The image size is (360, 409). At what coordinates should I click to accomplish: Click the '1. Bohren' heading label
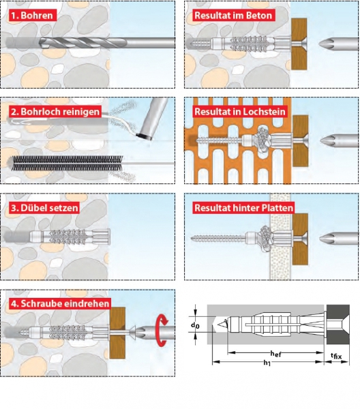coord(31,16)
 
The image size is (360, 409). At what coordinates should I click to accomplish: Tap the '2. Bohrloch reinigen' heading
coord(55,112)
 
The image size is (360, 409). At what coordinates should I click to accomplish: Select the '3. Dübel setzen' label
coord(44,208)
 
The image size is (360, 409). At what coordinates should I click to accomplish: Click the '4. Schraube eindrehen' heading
coord(60,303)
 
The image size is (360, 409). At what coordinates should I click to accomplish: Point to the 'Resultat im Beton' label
coord(233,16)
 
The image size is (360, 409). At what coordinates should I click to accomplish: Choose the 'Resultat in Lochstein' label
coord(240,112)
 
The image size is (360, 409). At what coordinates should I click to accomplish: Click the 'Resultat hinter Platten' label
coord(244,208)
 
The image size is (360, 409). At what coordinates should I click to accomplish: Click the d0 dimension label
coord(195,325)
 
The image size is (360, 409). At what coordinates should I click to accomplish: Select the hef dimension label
coord(275,354)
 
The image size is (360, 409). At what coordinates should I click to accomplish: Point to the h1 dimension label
coord(267,363)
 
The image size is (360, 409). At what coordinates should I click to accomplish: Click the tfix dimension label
coord(336,356)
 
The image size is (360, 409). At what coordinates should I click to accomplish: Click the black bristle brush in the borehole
coord(67,164)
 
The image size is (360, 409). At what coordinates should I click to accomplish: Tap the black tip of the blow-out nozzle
coord(145,136)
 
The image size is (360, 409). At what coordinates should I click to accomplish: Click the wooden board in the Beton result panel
coord(299,44)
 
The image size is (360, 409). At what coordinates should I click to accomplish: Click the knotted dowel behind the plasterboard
coord(263,239)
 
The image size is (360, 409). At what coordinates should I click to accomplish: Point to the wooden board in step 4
coord(117,333)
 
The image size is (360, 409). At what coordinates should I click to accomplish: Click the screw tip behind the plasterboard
coord(192,239)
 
